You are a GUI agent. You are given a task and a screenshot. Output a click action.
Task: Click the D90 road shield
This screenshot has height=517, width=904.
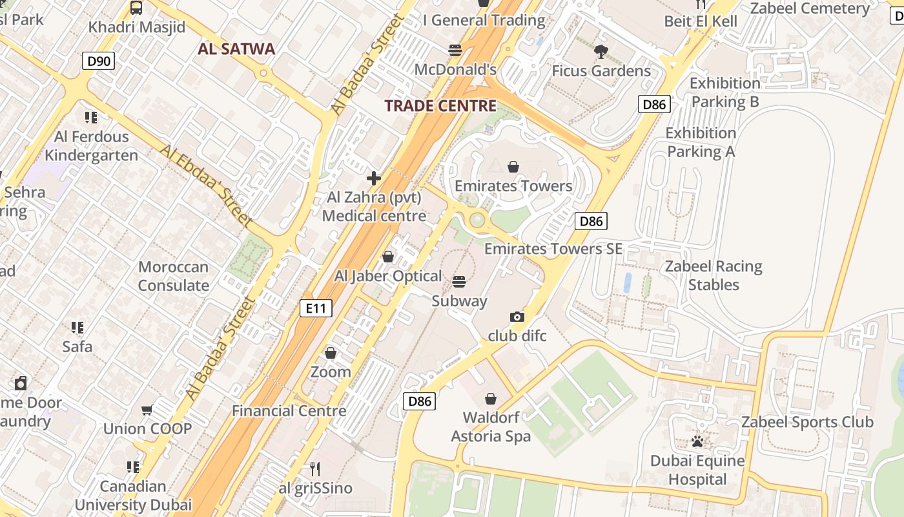click(99, 61)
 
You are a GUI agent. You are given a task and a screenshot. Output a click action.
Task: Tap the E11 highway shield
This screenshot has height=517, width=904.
click(316, 308)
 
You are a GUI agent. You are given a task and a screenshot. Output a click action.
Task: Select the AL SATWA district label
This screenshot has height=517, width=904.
click(236, 49)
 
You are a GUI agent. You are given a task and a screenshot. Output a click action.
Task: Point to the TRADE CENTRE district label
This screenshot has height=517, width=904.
click(440, 106)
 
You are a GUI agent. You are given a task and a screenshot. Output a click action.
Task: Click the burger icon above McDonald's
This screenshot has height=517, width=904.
click(455, 50)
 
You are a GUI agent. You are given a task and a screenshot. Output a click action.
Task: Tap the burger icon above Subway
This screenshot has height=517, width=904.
click(459, 282)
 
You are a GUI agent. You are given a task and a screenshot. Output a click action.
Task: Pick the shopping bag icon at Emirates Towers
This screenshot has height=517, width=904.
click(513, 167)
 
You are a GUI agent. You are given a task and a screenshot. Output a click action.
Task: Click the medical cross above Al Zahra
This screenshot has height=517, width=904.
click(374, 178)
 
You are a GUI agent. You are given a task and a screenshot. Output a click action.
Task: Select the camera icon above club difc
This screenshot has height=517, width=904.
click(517, 317)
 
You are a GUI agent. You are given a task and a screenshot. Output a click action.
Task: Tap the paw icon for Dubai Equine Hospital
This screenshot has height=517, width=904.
click(697, 442)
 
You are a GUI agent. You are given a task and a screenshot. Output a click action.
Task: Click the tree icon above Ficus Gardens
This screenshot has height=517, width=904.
click(601, 52)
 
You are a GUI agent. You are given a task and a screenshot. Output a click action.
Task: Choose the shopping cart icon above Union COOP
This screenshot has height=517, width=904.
click(147, 410)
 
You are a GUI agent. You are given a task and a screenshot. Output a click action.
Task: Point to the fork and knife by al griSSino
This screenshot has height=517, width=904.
click(315, 469)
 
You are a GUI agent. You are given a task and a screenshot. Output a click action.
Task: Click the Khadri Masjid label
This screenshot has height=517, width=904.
click(137, 27)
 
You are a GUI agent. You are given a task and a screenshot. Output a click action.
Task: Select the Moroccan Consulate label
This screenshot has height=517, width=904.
click(174, 276)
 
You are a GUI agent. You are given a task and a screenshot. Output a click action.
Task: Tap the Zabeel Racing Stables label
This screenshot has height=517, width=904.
click(714, 275)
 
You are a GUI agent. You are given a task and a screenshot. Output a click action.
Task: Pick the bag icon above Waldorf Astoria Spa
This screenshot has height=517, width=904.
click(491, 398)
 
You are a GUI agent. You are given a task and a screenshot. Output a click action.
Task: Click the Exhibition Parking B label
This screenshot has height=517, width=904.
click(725, 92)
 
